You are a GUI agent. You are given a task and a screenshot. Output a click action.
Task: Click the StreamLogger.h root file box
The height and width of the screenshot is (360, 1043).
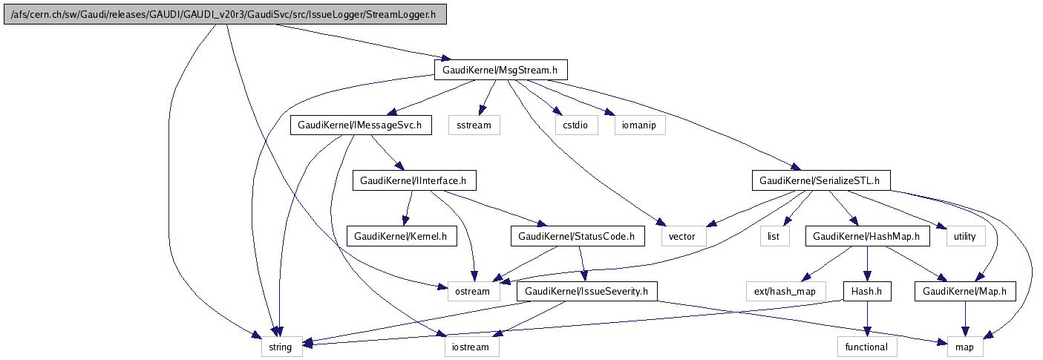pos(224,16)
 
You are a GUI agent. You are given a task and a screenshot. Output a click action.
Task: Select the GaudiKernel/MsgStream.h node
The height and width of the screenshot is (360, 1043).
pos(500,71)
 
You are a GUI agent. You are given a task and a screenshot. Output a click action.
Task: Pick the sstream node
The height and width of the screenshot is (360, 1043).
pos(474,125)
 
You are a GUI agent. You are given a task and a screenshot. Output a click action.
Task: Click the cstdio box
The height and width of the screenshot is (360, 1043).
pos(575,125)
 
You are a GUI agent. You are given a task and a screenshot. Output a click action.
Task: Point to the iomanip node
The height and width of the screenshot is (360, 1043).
pos(639,125)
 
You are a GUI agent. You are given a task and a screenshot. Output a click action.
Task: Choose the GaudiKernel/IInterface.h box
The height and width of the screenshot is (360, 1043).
pos(413,180)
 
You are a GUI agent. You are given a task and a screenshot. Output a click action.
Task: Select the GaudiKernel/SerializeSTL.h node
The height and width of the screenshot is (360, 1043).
pos(820,180)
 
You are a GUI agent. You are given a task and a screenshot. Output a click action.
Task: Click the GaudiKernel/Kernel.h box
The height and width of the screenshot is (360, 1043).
pos(402,236)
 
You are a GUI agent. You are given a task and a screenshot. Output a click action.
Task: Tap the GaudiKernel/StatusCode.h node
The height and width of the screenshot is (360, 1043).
pos(578,236)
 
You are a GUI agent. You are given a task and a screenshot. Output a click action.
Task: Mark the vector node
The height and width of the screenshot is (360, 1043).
pos(681,236)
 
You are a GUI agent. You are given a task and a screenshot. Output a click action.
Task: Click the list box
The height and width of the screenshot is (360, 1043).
pos(773,236)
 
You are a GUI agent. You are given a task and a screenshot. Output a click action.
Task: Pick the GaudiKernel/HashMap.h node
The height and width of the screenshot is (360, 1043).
pos(868,236)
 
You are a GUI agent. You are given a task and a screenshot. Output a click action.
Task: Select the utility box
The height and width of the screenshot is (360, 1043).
pos(964,236)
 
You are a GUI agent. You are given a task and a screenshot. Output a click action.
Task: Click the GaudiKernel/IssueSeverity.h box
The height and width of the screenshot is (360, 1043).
pos(586,291)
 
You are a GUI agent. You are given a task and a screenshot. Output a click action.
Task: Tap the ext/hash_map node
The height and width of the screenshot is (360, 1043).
pos(785,291)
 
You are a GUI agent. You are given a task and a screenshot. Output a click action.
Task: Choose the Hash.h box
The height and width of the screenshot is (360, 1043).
pos(866,291)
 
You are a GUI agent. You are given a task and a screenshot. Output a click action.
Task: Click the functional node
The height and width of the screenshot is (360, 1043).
pos(866,346)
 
